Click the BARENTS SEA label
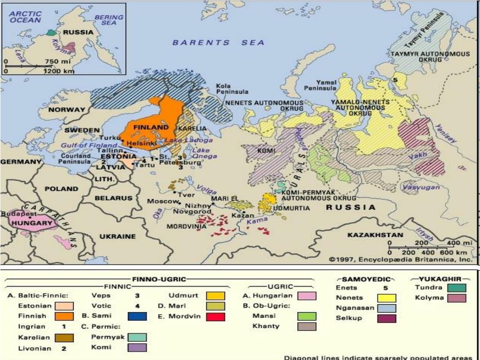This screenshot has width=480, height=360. tap(218, 43)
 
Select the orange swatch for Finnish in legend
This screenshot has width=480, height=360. tap(64, 316)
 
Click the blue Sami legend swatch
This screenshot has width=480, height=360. tap(137, 316)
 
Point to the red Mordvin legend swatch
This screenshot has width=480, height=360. tap(215, 316)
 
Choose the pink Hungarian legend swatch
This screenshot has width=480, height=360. tap(307, 296)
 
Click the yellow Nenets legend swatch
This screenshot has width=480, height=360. tap(386, 298)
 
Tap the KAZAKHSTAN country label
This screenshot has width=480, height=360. tap(375, 235)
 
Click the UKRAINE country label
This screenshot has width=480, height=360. tap(117, 236)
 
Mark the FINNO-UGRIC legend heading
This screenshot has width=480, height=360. tap(159, 279)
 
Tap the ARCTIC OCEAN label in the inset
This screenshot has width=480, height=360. tap(25, 17)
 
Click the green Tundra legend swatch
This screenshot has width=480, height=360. tap(456, 288)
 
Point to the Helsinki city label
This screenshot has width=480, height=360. tap(141, 143)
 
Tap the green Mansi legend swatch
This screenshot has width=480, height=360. tap(307, 316)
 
